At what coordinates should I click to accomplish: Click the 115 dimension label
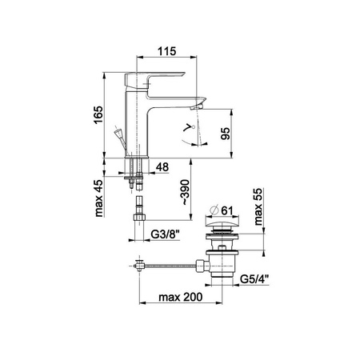click(167, 51)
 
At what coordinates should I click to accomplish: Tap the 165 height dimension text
click(98, 114)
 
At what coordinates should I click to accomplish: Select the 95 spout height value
click(226, 134)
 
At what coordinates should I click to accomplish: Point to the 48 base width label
click(162, 167)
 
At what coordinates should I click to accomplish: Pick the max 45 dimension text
click(98, 198)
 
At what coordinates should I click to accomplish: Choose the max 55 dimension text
click(258, 206)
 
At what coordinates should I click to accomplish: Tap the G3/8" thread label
click(166, 234)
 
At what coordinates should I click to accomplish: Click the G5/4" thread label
click(254, 279)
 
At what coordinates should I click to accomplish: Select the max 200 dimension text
click(181, 297)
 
